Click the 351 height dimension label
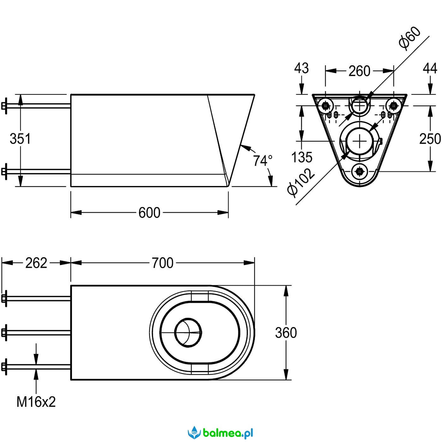[x=20, y=139]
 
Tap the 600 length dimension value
[x=149, y=213]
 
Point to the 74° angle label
[x=262, y=161]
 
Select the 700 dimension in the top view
[x=162, y=263]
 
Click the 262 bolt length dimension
[x=36, y=263]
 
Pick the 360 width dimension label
[x=286, y=333]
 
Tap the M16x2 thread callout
[x=36, y=402]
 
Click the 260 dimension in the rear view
[x=359, y=71]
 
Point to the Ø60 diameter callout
[x=409, y=38]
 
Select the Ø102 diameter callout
[x=301, y=183]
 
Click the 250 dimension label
[x=430, y=139]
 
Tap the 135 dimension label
[x=302, y=157]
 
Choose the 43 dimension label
[x=302, y=68]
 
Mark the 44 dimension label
[x=430, y=68]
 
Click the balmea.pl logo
[x=221, y=432]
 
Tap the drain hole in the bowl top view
[x=188, y=332]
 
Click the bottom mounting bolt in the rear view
[x=359, y=171]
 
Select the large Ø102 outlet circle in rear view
[x=359, y=141]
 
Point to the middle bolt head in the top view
[x=4, y=332]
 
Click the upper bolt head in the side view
[x=4, y=106]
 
